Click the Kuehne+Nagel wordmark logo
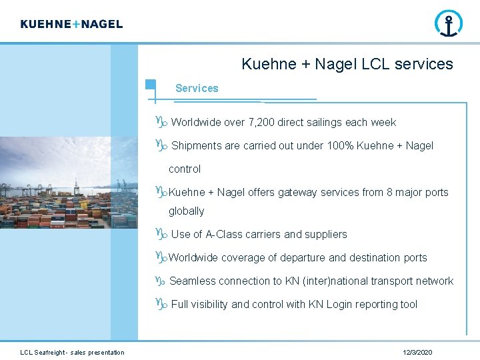[x=71, y=24]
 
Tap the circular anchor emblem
[x=448, y=23]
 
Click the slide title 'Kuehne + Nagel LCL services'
[x=347, y=65]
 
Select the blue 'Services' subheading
[x=197, y=88]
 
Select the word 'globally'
[x=186, y=211]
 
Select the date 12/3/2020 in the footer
[x=417, y=352]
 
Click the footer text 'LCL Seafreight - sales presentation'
[x=72, y=352]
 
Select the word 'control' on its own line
[x=184, y=169]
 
